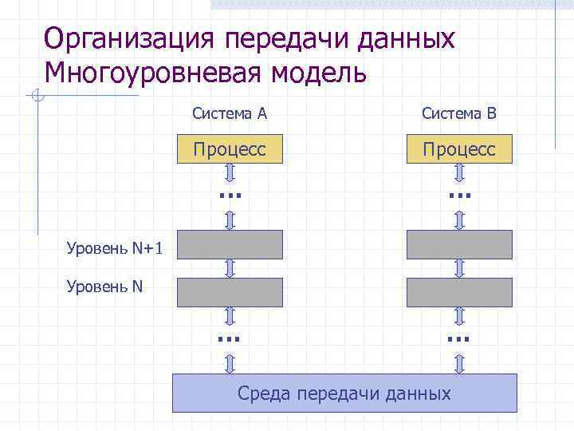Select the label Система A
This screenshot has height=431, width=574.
(x=230, y=113)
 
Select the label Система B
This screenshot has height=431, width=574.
(x=459, y=113)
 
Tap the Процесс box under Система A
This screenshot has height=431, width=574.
(x=230, y=149)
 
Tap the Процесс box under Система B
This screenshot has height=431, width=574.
(x=459, y=149)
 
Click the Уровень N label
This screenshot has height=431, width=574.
(x=105, y=285)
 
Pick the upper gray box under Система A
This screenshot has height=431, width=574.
(x=230, y=244)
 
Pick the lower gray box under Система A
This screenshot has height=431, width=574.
(x=230, y=292)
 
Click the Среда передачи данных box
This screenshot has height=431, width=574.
(x=344, y=393)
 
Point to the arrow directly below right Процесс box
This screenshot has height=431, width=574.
(x=459, y=172)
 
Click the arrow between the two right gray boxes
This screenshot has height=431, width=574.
(x=459, y=268)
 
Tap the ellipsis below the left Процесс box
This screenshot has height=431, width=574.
(x=230, y=194)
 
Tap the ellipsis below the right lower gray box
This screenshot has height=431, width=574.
(x=459, y=338)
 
